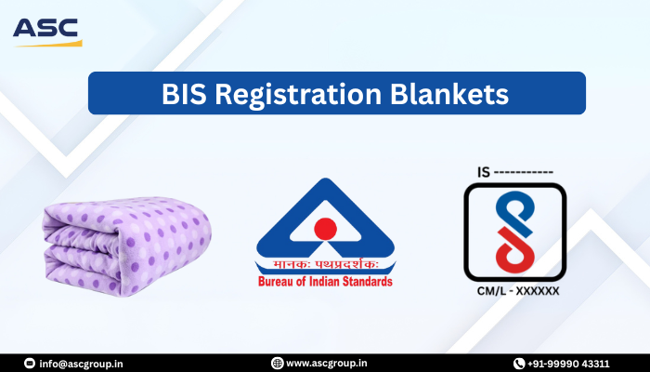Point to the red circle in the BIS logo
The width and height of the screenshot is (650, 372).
pyautogui.click(x=324, y=228)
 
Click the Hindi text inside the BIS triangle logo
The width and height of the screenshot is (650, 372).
pyautogui.click(x=324, y=262)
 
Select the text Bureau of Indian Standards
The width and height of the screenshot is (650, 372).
pyautogui.click(x=324, y=282)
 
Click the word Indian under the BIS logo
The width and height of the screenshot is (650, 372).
pyautogui.click(x=326, y=282)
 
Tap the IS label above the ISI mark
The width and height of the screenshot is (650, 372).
pyautogui.click(x=483, y=171)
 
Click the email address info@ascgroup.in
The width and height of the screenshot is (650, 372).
pyautogui.click(x=84, y=363)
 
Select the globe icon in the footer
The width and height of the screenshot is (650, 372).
pyautogui.click(x=277, y=363)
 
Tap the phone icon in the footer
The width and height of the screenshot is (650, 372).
pyautogui.click(x=519, y=363)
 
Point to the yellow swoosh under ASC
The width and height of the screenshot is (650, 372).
pyautogui.click(x=56, y=43)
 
